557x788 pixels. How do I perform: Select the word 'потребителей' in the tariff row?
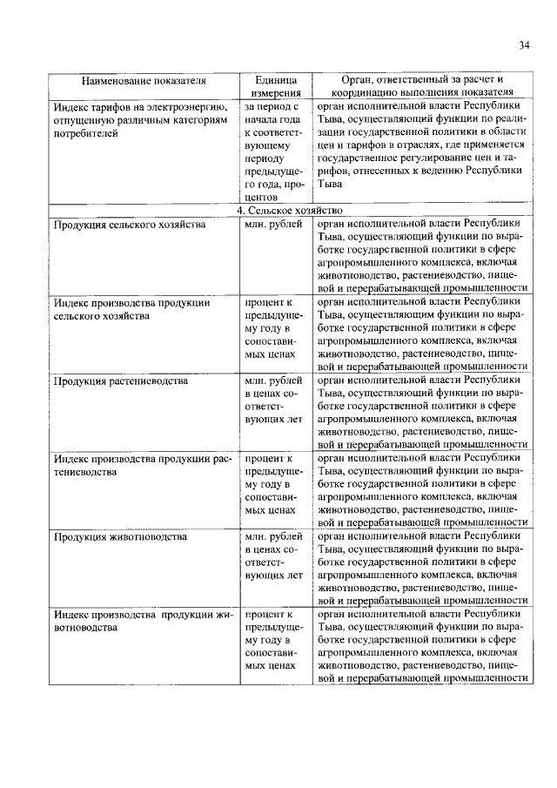[x=84, y=136]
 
